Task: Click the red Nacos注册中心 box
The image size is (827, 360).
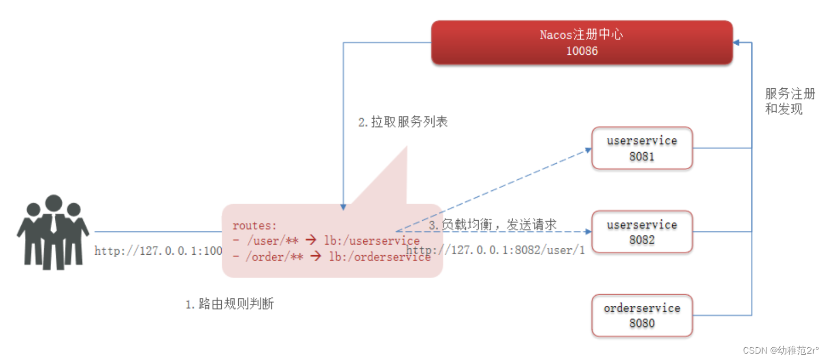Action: (x=581, y=43)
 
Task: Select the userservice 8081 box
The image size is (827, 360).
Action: (x=641, y=148)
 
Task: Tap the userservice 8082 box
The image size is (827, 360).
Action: (x=641, y=232)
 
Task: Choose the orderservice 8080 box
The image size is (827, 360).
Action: (x=641, y=315)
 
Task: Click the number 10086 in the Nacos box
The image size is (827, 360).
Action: (x=581, y=51)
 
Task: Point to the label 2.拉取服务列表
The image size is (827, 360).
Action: (x=403, y=122)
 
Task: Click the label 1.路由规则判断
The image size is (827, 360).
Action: (x=229, y=304)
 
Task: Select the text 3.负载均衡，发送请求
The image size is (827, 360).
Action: (x=492, y=224)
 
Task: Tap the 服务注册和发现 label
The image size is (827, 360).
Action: (x=789, y=102)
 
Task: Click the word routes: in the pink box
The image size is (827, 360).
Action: (x=255, y=225)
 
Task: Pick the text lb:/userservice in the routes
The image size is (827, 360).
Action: (x=372, y=241)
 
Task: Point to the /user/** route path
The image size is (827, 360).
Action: (x=264, y=241)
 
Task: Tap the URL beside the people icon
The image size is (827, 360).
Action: (x=158, y=251)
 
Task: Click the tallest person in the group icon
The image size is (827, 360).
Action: (x=54, y=231)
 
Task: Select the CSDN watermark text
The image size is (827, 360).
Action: (x=781, y=350)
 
